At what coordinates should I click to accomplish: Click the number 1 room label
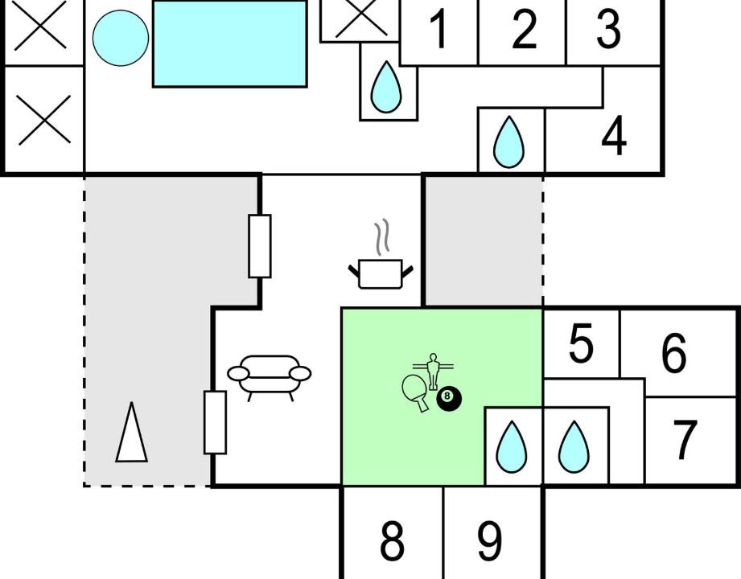click(440, 29)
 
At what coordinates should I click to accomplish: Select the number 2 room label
click(524, 29)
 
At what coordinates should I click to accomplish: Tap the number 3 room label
click(608, 29)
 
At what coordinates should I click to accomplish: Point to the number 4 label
click(614, 136)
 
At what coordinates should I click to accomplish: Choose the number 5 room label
click(581, 343)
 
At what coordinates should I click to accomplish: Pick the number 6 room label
click(673, 352)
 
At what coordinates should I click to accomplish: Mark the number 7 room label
click(684, 440)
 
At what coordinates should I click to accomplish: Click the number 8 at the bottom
click(392, 540)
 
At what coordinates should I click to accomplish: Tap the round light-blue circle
click(121, 38)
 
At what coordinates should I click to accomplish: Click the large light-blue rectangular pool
click(230, 44)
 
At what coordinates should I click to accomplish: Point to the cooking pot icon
click(381, 273)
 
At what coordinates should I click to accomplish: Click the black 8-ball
click(448, 399)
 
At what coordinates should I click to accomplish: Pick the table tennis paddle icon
click(415, 392)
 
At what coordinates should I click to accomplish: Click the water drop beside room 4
click(508, 142)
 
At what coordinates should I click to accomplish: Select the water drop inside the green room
click(512, 447)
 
